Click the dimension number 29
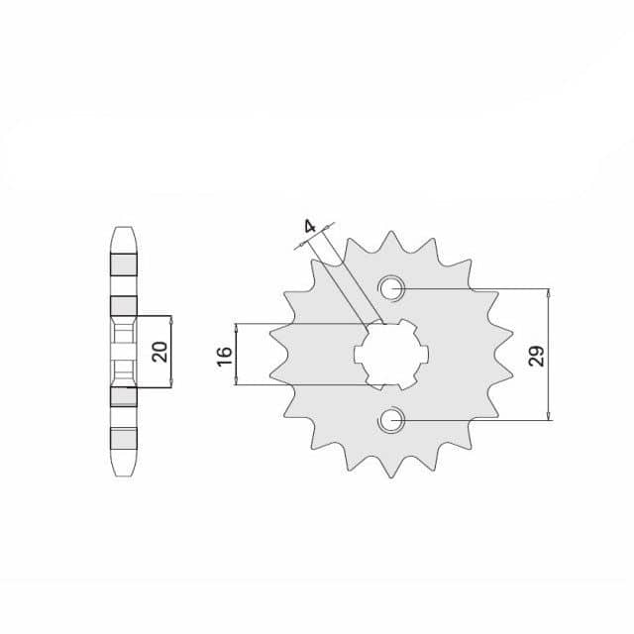click(x=537, y=356)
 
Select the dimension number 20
click(x=159, y=352)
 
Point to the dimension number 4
click(x=310, y=227)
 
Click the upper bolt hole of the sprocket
click(x=391, y=288)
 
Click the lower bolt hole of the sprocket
click(x=391, y=420)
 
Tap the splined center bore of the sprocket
click(x=391, y=355)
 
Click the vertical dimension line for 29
click(x=548, y=355)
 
